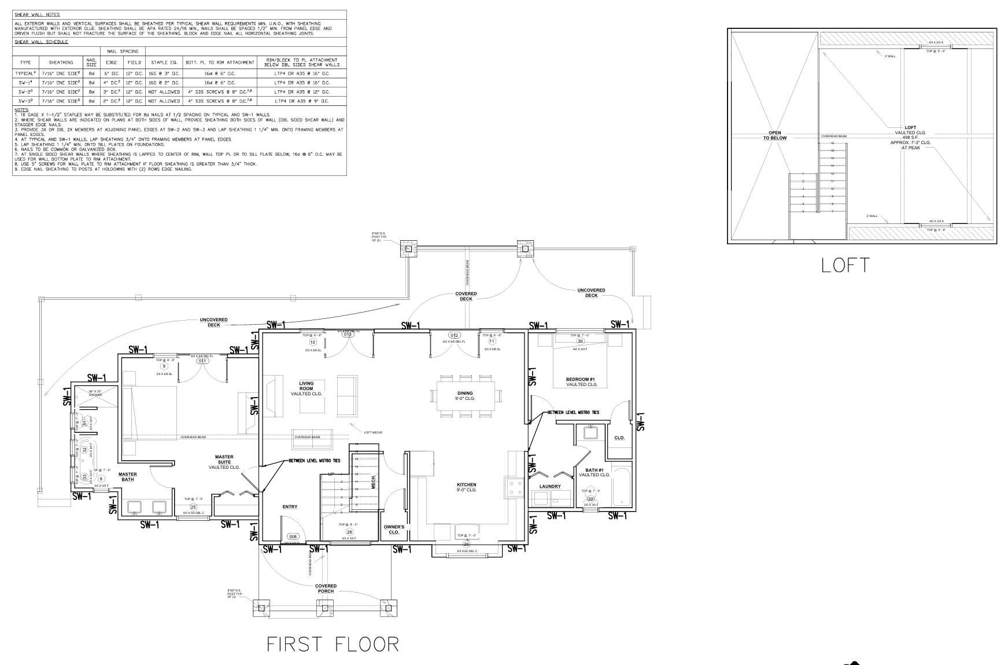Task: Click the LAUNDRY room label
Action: (x=549, y=487)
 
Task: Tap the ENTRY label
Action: (x=290, y=507)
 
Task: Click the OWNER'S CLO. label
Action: (x=394, y=529)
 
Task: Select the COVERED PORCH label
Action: (x=326, y=589)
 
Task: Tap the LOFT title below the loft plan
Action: (x=845, y=265)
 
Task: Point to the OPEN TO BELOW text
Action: (x=774, y=135)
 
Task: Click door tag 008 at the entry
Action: (x=293, y=537)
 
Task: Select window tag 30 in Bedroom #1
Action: (x=580, y=341)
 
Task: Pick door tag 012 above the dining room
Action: (x=455, y=336)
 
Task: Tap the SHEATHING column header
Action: (x=61, y=62)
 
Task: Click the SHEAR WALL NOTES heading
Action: (x=37, y=14)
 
